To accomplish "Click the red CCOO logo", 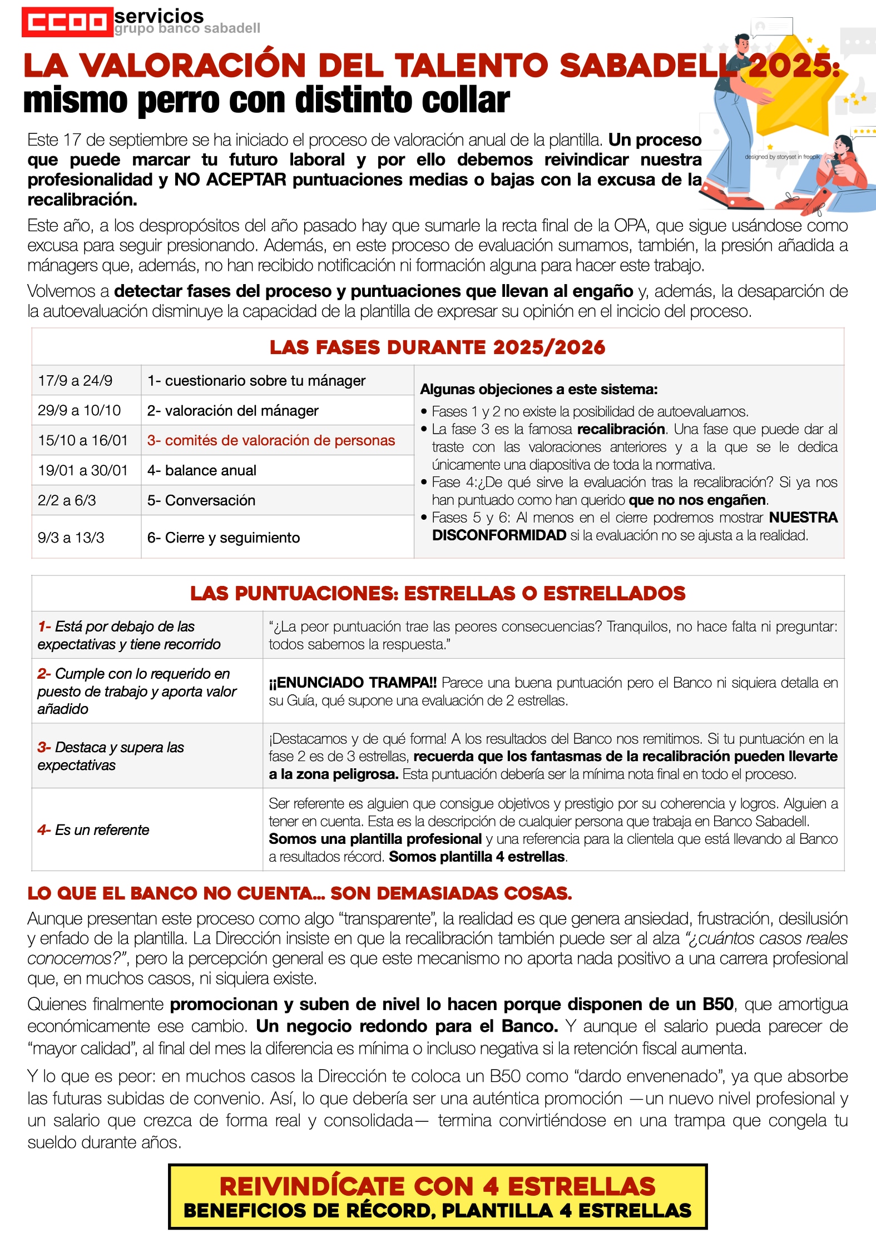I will [67, 22].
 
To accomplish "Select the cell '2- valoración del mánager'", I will [232, 411].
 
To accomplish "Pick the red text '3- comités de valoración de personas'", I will [271, 441].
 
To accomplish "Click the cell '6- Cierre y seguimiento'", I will [223, 538].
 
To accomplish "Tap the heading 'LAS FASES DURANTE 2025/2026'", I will [437, 347].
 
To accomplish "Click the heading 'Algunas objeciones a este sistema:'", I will [538, 389].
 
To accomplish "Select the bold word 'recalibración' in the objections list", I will [621, 429].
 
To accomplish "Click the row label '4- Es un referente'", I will [93, 830].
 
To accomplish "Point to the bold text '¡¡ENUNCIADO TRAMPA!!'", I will [353, 683].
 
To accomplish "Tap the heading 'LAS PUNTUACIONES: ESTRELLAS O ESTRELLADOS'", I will [437, 594].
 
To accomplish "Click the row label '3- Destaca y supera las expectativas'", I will [110, 756].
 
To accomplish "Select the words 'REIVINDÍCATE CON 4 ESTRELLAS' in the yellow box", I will [437, 1186].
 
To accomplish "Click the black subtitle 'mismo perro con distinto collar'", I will [266, 101].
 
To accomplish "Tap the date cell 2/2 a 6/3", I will [67, 500].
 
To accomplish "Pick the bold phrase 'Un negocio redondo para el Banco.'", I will [407, 1026].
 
